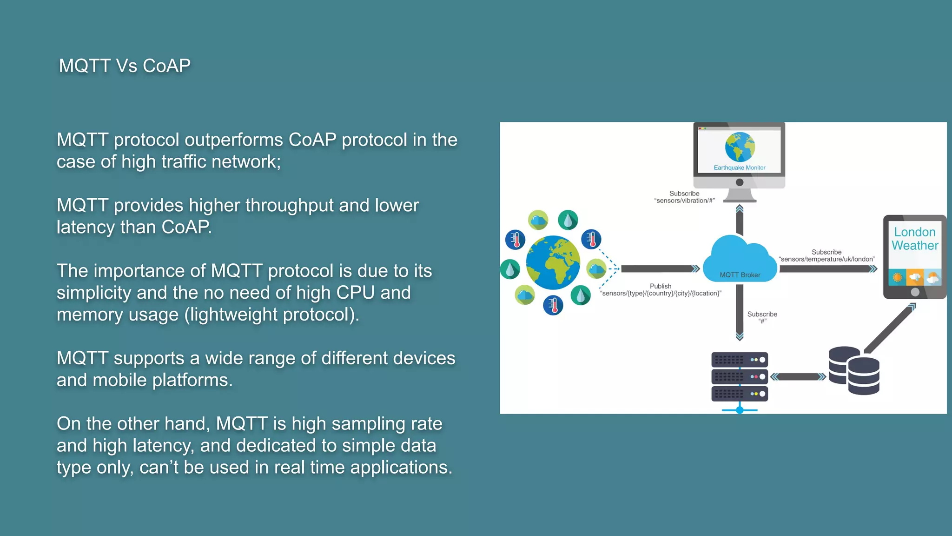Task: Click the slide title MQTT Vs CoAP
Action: pyautogui.click(x=125, y=66)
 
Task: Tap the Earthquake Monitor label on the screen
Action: pyautogui.click(x=739, y=167)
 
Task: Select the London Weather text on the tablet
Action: pyautogui.click(x=914, y=239)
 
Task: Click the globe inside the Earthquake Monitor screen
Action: pyautogui.click(x=740, y=147)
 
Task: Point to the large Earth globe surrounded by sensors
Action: pyautogui.click(x=553, y=262)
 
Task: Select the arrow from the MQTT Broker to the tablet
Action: pyautogui.click(x=827, y=269)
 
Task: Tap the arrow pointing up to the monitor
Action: pyautogui.click(x=740, y=221)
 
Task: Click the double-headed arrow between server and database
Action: pyautogui.click(x=798, y=377)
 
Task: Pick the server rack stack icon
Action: pyautogui.click(x=739, y=377)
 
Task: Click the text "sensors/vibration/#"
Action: pyautogui.click(x=684, y=201)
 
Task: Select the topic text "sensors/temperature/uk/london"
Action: pyautogui.click(x=826, y=259)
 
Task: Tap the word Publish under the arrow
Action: pyautogui.click(x=660, y=286)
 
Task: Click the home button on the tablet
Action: pyautogui.click(x=915, y=292)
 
